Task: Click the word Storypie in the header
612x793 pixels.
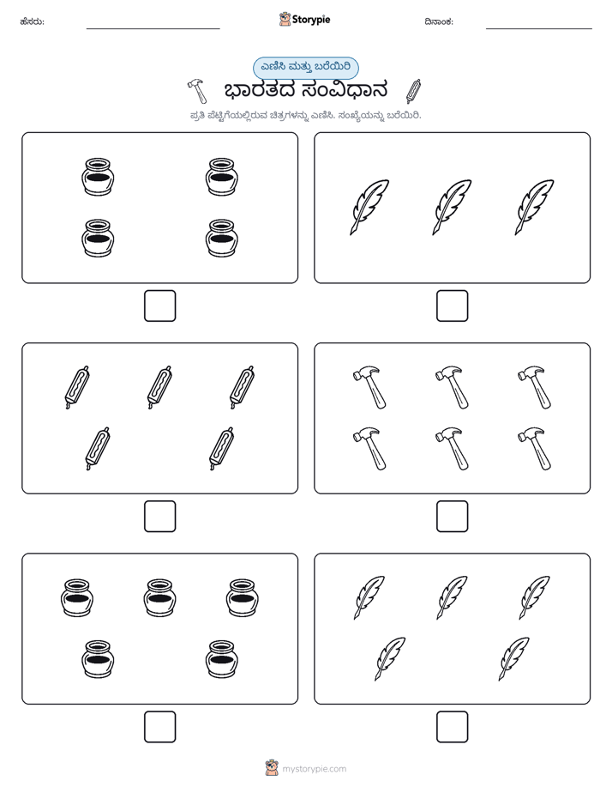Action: (311, 20)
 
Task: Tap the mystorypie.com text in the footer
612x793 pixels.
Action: (314, 769)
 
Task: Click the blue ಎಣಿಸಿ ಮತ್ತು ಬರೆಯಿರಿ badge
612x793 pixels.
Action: (305, 68)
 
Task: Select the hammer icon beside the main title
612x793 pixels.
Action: (197, 90)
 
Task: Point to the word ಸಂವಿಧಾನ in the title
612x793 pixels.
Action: (345, 90)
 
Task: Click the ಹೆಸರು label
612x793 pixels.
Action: (33, 21)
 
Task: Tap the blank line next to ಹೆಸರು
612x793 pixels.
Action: (153, 28)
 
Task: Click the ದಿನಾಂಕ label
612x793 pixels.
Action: (439, 21)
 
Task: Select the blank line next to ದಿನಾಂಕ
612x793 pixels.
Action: (539, 28)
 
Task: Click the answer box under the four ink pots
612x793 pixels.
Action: (160, 306)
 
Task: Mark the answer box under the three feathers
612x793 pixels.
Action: (452, 306)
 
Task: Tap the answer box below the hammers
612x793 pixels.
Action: (452, 517)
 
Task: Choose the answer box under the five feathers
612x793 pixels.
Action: (452, 727)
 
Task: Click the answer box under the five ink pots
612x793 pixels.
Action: (160, 727)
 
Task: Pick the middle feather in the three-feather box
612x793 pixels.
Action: (452, 208)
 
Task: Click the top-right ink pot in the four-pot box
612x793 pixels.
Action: (222, 177)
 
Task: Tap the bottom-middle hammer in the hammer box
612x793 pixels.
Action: (452, 449)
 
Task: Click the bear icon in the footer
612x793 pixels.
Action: (272, 768)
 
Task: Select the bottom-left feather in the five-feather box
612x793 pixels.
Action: (390, 659)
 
